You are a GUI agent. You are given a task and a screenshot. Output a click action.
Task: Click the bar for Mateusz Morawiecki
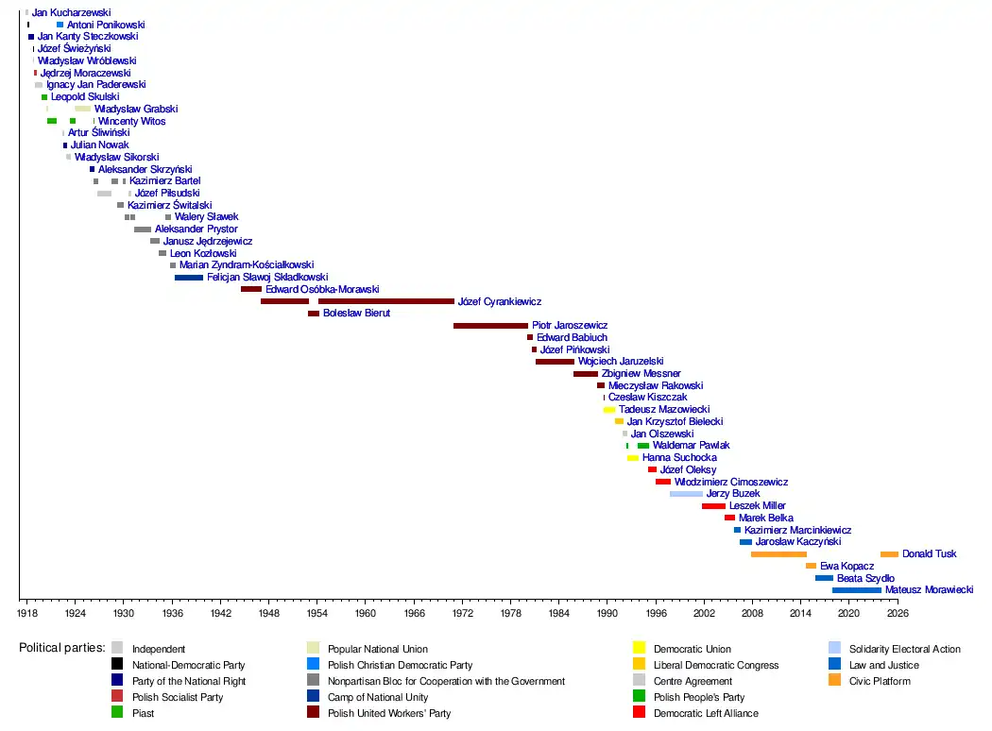[856, 590]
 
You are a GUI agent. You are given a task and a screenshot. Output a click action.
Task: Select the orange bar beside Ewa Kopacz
[811, 566]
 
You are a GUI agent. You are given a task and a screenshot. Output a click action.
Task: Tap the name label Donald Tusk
[929, 554]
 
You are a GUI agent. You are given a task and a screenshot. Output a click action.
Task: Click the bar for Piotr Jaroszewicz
[490, 326]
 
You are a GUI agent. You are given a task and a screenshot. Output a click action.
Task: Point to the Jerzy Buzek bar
[686, 494]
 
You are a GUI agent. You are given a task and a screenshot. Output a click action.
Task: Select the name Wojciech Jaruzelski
[620, 362]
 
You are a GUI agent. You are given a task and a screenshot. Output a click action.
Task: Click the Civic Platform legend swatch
[834, 680]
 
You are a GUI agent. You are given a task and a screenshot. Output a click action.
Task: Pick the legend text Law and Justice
[883, 665]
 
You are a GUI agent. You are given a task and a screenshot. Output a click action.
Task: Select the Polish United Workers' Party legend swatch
[313, 712]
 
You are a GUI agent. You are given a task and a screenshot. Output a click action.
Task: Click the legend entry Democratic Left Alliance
[705, 713]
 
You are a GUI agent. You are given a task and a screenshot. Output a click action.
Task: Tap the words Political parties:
[60, 649]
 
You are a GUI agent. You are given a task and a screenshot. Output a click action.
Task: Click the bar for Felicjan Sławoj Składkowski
[189, 278]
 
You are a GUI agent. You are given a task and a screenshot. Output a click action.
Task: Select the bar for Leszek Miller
[713, 506]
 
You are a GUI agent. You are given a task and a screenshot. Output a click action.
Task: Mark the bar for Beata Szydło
[824, 578]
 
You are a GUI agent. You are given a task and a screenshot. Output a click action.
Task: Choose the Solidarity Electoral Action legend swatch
[834, 648]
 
